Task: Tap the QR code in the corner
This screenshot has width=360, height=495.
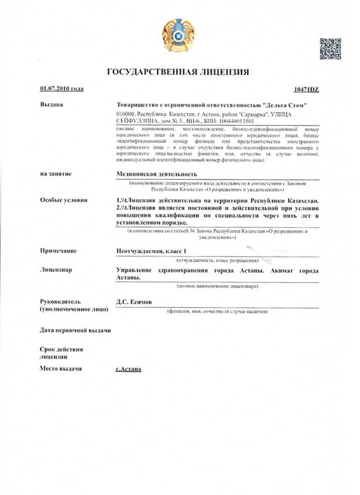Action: coord(330,49)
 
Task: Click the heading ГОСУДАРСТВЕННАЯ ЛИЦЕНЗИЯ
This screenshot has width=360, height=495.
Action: coord(178,72)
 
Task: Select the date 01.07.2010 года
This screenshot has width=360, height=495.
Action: coord(61,88)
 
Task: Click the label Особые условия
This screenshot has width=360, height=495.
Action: coord(63,200)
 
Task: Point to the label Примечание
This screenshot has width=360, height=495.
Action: coord(59,251)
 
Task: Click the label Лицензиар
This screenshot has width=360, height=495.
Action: coord(56,270)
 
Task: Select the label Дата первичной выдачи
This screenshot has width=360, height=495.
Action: coord(75,330)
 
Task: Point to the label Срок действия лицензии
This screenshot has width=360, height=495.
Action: coord(61,353)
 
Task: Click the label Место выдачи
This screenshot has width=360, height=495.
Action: coord(60,368)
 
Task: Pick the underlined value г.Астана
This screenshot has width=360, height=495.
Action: coord(129,369)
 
